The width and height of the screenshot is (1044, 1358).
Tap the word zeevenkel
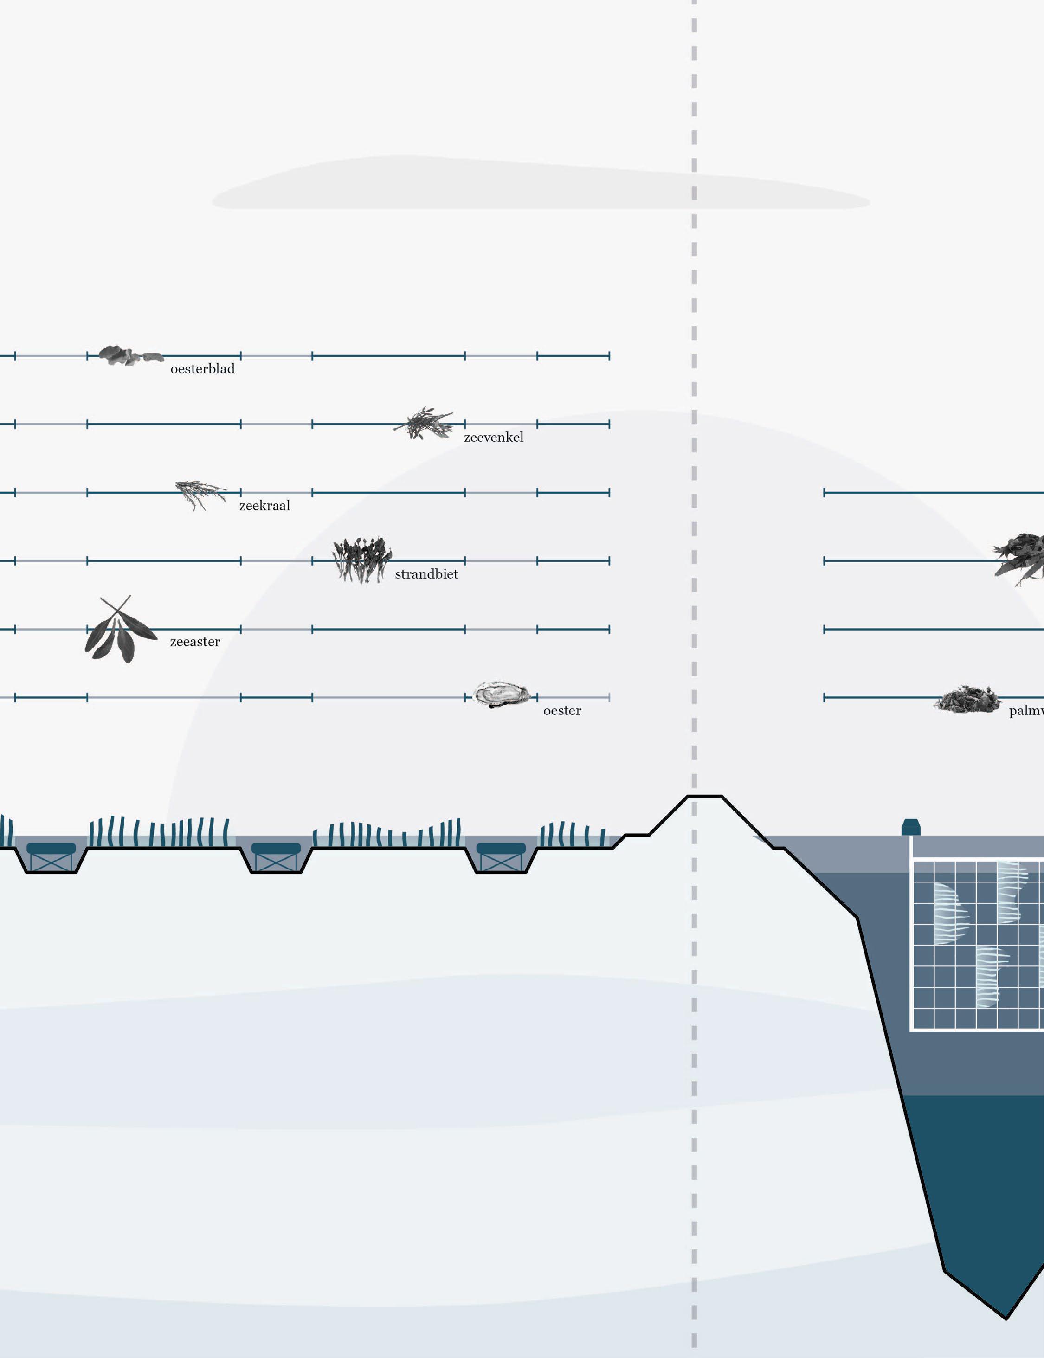tap(493, 438)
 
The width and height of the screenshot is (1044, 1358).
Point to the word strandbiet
tap(426, 574)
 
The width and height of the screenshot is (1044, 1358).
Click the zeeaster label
tap(194, 642)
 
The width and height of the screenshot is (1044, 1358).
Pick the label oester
tap(562, 711)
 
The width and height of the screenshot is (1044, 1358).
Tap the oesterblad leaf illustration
tap(129, 355)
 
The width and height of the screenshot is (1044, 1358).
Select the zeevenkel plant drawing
tap(425, 424)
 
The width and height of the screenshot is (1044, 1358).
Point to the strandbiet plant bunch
tap(361, 560)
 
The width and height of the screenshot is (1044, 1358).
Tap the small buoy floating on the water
tap(910, 828)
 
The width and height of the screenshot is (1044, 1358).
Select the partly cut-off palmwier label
tap(1026, 711)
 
